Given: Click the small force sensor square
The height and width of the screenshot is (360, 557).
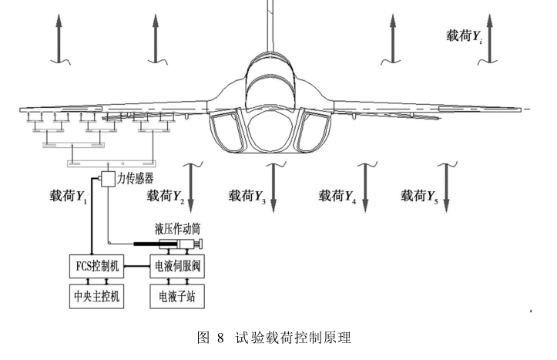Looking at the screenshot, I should tap(106, 180).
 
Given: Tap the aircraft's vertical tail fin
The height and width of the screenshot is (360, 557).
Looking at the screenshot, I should tap(270, 19).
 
